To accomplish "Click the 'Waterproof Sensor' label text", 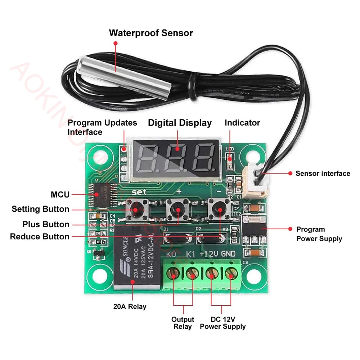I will (x=151, y=33).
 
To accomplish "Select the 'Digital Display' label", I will (x=180, y=123).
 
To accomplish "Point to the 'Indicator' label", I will (x=242, y=123).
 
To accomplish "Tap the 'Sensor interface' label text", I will (x=323, y=174).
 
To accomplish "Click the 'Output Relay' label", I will (x=183, y=323).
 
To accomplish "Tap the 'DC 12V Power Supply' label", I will (x=222, y=323).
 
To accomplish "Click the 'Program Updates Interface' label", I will (x=102, y=127).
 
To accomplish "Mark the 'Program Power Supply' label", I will (x=319, y=234).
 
